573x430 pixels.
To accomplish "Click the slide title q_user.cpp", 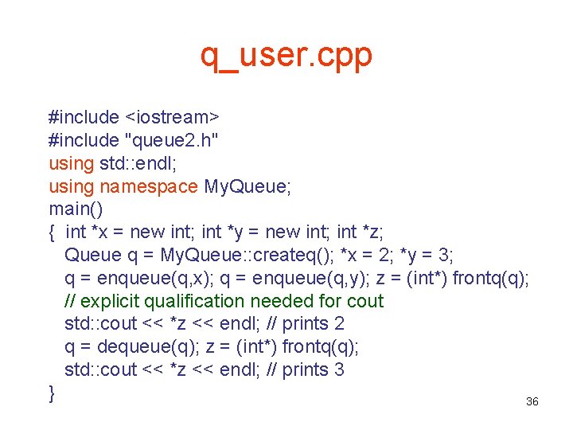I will (286, 56).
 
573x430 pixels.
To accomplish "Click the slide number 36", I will (532, 402).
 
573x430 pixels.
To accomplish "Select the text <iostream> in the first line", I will (172, 117).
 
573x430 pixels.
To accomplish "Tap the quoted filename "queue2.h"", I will (172, 140).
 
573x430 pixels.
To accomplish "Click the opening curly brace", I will (52, 233).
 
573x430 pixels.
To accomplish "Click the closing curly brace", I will (52, 393).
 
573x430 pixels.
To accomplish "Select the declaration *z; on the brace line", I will (372, 233).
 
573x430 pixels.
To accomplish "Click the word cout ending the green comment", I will (365, 302).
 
